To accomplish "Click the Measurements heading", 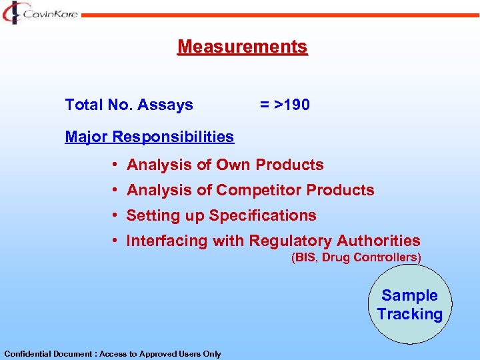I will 242,47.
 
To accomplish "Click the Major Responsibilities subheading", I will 149,137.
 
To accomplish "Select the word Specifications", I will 263,216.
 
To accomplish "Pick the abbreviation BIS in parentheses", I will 305,258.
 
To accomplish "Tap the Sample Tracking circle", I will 409,305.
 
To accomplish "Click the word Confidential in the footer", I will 25,354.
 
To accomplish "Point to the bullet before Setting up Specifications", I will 115,215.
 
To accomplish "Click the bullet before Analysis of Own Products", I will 115,165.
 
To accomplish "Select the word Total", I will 83,105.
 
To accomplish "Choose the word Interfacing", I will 167,241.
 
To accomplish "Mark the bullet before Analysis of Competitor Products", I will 115,190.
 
